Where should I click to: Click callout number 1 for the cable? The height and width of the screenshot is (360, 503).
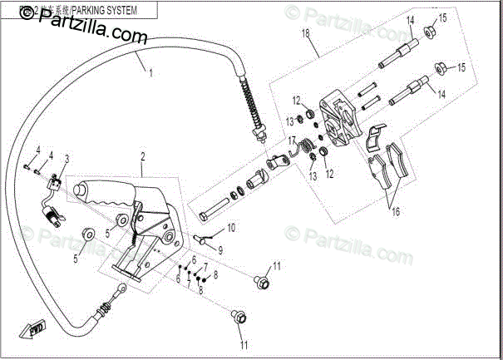[150, 72]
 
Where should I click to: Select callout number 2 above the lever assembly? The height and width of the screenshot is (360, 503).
[142, 156]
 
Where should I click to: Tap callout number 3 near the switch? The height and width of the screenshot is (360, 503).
[67, 158]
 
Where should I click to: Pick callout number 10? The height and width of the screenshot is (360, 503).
[231, 227]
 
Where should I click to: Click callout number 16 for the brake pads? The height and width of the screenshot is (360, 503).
[396, 212]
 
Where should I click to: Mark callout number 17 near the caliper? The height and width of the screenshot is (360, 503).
[293, 141]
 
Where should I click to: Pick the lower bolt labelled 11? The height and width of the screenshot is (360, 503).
[239, 316]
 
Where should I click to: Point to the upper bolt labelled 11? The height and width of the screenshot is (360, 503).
[261, 283]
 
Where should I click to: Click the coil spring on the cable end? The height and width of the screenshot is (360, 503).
[250, 100]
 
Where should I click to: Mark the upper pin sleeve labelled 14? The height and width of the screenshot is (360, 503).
[400, 52]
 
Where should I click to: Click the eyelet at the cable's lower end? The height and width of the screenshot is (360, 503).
[121, 288]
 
